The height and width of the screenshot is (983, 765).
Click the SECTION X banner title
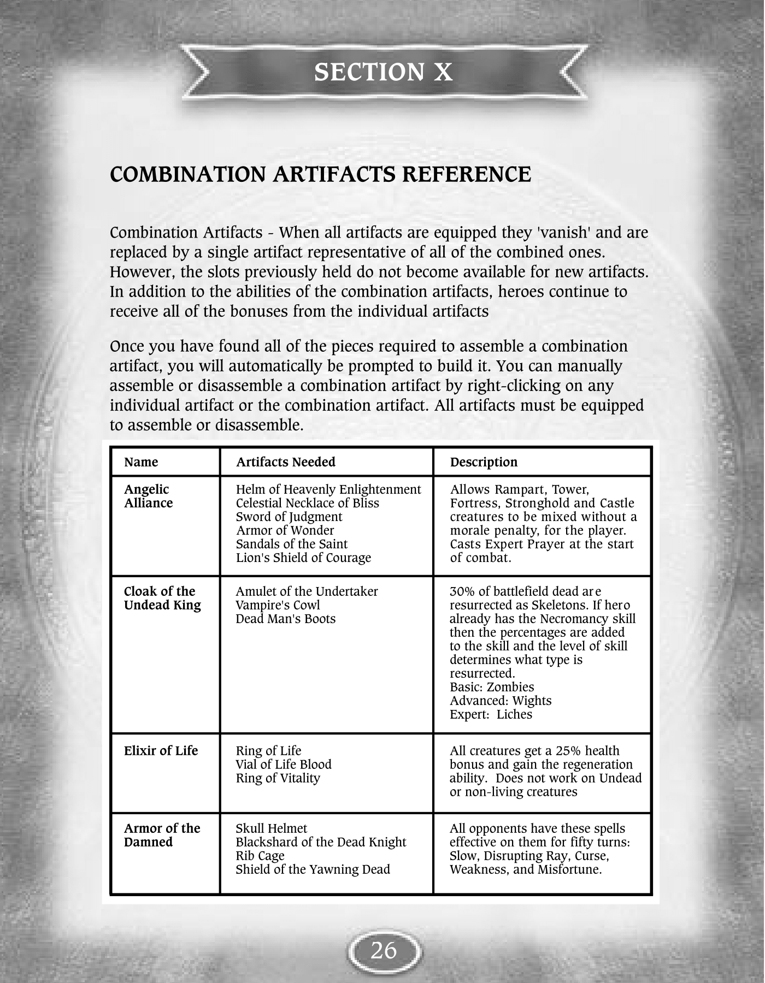383,72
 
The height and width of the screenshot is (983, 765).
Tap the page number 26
384,951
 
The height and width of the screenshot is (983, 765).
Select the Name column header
141,462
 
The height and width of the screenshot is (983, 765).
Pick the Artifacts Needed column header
285,462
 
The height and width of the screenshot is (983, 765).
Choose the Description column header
484,462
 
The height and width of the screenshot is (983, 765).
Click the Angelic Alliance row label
148,496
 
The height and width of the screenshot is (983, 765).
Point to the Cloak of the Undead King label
162,598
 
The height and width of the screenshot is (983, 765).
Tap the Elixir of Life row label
161,751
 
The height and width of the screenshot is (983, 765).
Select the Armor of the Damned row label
162,835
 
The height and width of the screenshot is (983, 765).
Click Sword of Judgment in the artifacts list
289,517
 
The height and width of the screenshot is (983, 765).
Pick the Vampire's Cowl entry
278,605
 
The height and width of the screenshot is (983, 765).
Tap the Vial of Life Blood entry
284,765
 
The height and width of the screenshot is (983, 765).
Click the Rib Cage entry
260,856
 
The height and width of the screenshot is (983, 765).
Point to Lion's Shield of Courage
303,558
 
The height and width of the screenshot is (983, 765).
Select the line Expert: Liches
491,714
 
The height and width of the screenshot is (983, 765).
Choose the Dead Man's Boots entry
285,619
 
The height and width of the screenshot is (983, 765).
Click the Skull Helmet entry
271,828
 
